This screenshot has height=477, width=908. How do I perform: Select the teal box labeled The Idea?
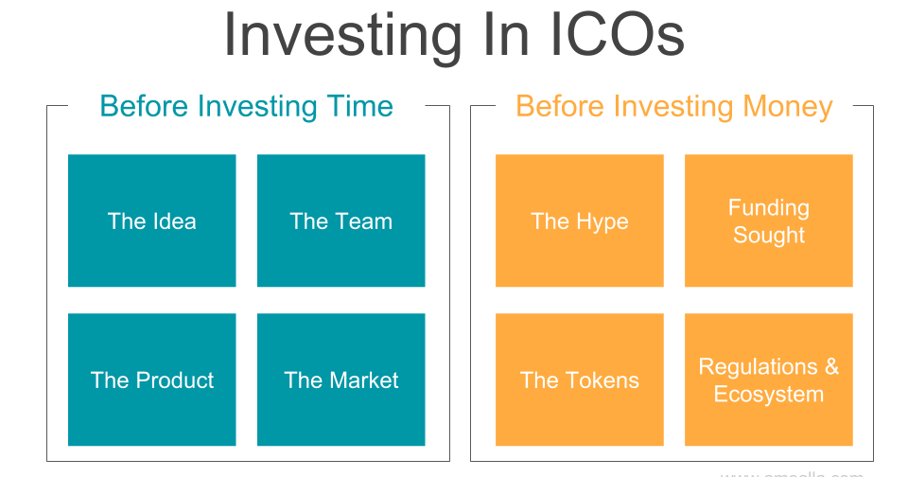152,221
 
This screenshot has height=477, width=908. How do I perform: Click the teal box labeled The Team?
340,221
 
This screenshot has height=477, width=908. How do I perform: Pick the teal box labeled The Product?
152,380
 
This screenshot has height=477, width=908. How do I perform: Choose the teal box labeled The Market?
340,380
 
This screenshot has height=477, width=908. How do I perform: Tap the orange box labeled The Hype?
580,221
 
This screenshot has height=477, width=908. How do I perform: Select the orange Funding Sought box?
769,221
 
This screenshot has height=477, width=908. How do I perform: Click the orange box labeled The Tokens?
580,380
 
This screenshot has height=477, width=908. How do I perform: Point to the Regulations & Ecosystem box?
769,380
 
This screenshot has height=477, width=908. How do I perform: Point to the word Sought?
769,236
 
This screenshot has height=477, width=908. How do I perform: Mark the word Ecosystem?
769,395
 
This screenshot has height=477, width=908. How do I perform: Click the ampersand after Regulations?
831,366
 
